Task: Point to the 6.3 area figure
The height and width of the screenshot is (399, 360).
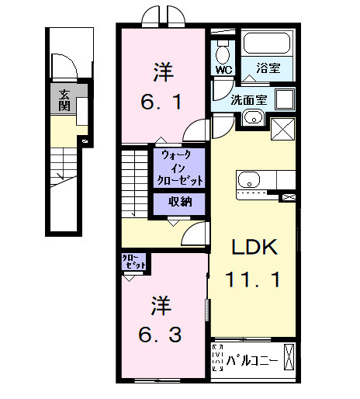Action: [161, 335]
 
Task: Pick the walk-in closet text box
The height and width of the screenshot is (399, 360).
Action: [180, 167]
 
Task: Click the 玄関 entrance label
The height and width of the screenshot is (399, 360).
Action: [60, 100]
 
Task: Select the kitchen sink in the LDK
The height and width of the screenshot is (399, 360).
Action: [250, 180]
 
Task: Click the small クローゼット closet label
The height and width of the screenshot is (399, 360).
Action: [133, 262]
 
